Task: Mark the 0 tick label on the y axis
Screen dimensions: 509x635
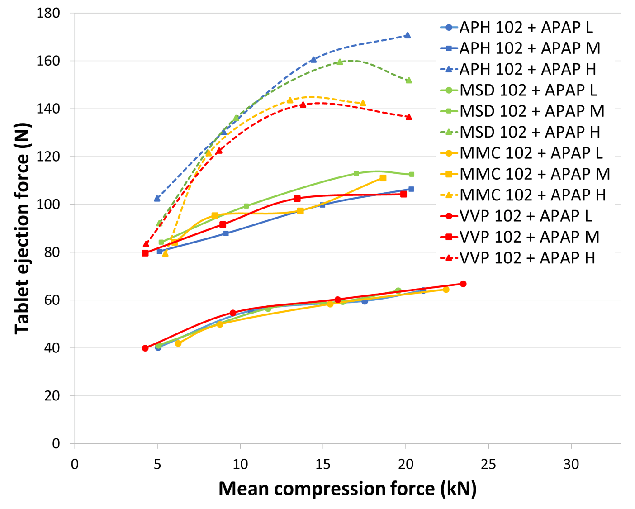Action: pos(56,444)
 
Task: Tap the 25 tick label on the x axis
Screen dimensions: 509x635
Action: pos(488,464)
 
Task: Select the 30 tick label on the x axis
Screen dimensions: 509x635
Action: pos(571,464)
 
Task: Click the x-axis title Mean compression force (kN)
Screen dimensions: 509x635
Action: pos(347,489)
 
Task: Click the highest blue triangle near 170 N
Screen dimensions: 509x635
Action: pos(408,35)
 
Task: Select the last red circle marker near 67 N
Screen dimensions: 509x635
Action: pos(463,284)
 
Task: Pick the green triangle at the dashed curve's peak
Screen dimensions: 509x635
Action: pos(340,62)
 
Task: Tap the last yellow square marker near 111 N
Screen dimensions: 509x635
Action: pos(383,178)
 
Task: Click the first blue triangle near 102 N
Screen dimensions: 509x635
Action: pos(157,198)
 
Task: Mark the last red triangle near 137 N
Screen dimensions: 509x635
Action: pos(409,117)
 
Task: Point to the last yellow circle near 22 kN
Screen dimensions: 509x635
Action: pos(446,289)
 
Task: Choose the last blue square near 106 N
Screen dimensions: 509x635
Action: pos(411,189)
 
